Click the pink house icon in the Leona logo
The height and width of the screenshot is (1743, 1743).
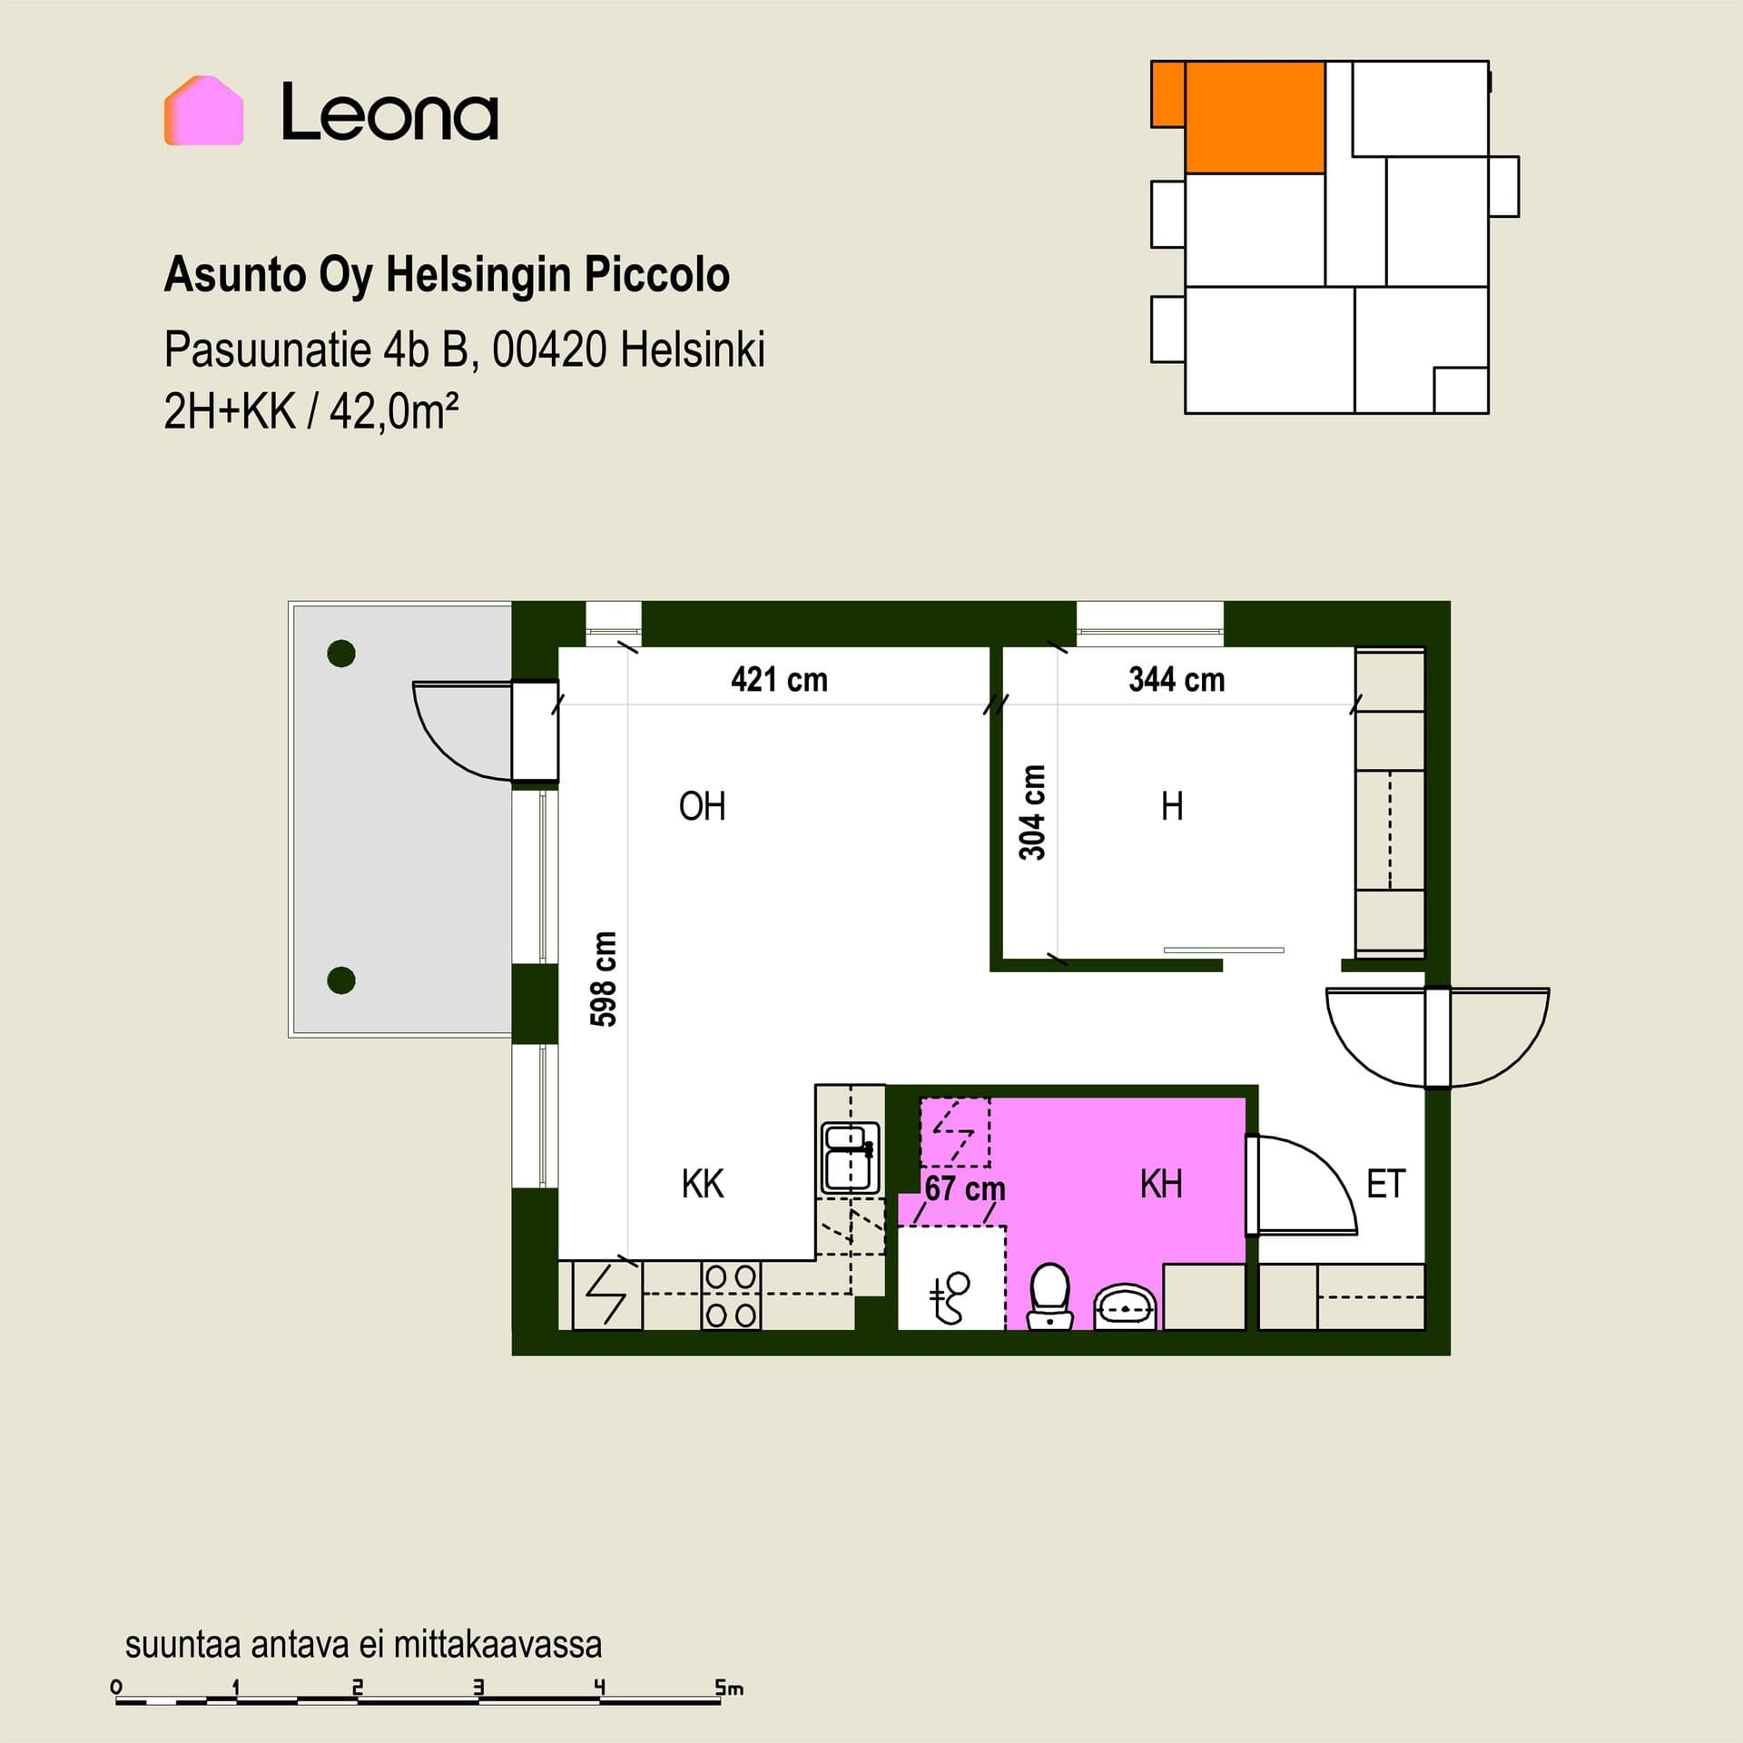click(204, 110)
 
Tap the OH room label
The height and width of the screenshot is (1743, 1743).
click(702, 806)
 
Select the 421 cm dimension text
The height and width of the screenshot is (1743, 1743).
click(779, 679)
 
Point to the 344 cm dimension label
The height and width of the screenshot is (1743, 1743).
click(1177, 679)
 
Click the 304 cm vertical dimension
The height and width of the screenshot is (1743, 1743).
click(1032, 812)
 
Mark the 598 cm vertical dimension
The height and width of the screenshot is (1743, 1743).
click(604, 979)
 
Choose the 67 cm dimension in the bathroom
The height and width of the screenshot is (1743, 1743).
click(965, 1188)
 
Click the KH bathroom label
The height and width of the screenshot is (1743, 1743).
click(1161, 1184)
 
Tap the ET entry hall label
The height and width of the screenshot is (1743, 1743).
click(1385, 1184)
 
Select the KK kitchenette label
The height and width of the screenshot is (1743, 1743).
click(703, 1184)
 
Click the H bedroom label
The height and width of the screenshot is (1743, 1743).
click(1172, 806)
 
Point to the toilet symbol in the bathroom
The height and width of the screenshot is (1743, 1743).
click(1050, 1296)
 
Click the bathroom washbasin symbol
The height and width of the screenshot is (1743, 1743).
click(1126, 1307)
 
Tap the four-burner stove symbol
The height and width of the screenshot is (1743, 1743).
click(731, 1295)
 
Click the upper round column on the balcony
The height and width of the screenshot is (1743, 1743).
click(341, 653)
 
